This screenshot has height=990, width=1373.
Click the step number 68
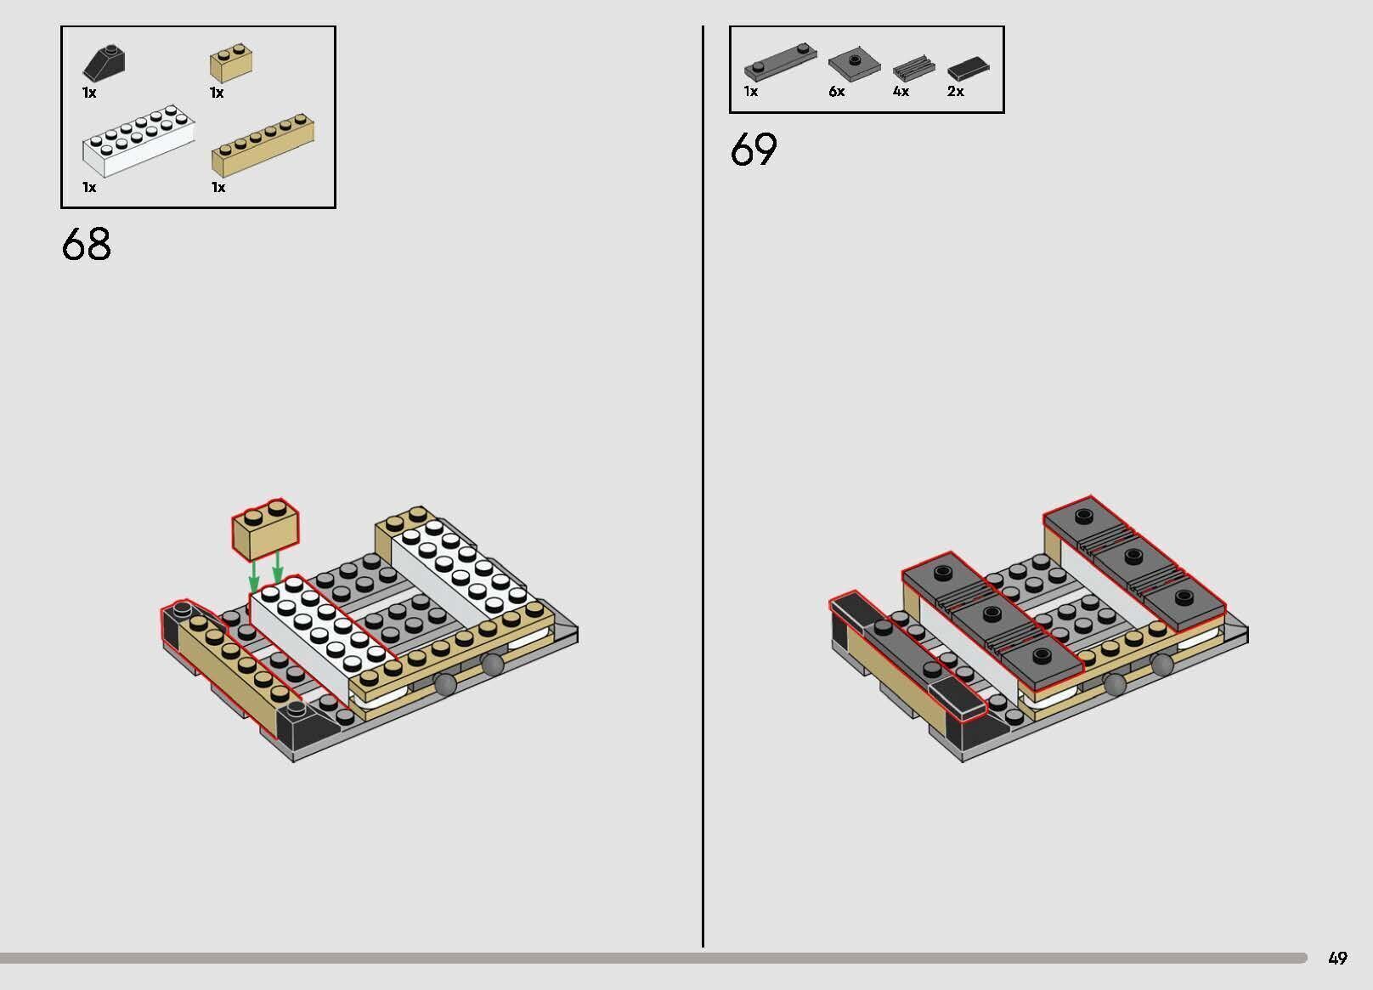(x=87, y=244)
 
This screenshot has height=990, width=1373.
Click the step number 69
(x=754, y=149)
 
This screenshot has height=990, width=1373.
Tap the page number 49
(x=1338, y=958)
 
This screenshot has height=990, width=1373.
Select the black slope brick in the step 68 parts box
(x=105, y=63)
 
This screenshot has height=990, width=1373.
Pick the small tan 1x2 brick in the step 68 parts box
(x=231, y=63)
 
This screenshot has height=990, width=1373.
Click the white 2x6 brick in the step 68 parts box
(x=139, y=140)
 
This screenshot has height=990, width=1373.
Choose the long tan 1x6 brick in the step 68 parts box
(x=263, y=144)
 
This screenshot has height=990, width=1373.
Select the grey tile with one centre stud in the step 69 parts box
(x=855, y=63)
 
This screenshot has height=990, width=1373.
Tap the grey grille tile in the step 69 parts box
(x=913, y=67)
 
